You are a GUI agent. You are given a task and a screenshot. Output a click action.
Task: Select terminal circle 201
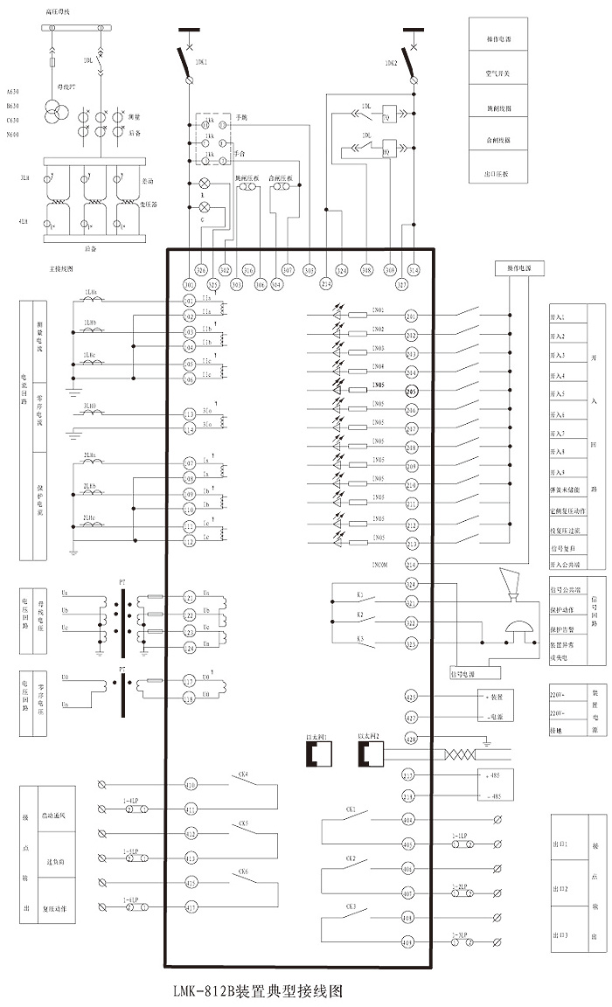[x=411, y=316]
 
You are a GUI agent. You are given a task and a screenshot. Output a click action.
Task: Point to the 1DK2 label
[x=391, y=63]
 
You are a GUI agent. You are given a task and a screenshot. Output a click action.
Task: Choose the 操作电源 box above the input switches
[x=519, y=267]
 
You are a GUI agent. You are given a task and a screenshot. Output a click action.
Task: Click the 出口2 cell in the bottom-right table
[x=560, y=889]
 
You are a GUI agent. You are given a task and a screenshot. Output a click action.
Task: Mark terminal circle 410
[x=190, y=786]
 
